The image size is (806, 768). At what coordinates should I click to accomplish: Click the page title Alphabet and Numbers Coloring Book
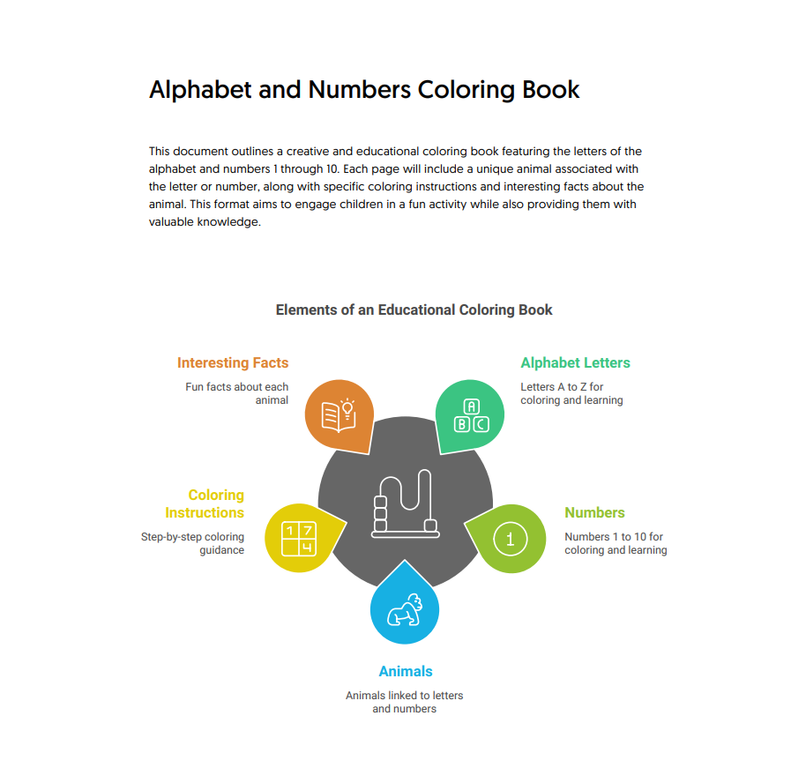point(364,90)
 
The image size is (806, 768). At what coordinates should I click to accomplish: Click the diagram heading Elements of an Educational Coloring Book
point(414,309)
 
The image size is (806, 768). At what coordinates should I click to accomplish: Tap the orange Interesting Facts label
point(233,362)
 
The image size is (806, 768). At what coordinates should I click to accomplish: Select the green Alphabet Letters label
point(575,362)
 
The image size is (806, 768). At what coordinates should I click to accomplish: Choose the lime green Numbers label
point(594,512)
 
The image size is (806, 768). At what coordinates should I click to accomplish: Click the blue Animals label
point(405,671)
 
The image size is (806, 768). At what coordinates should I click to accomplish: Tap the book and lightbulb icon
point(338,414)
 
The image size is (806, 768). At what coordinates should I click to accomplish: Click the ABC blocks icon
point(471,415)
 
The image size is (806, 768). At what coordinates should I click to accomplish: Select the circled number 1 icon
point(510,538)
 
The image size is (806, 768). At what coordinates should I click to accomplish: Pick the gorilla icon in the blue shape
point(405,610)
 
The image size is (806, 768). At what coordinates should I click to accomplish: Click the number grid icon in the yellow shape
point(297,539)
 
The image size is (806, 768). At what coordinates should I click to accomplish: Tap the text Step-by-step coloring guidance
point(193,543)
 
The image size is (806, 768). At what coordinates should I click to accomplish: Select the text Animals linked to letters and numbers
point(404,702)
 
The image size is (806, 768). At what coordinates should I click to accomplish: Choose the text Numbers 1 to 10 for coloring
point(615,543)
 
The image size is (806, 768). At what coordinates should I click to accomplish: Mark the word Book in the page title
point(551,90)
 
